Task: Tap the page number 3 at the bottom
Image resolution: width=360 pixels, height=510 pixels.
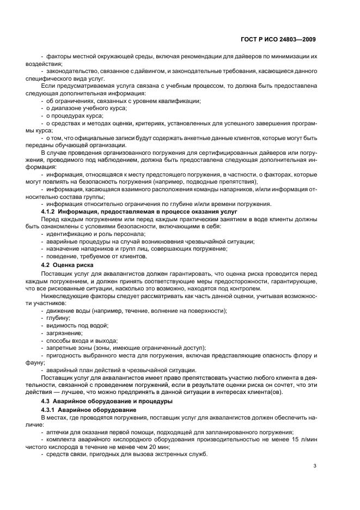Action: pyautogui.click(x=315, y=465)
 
